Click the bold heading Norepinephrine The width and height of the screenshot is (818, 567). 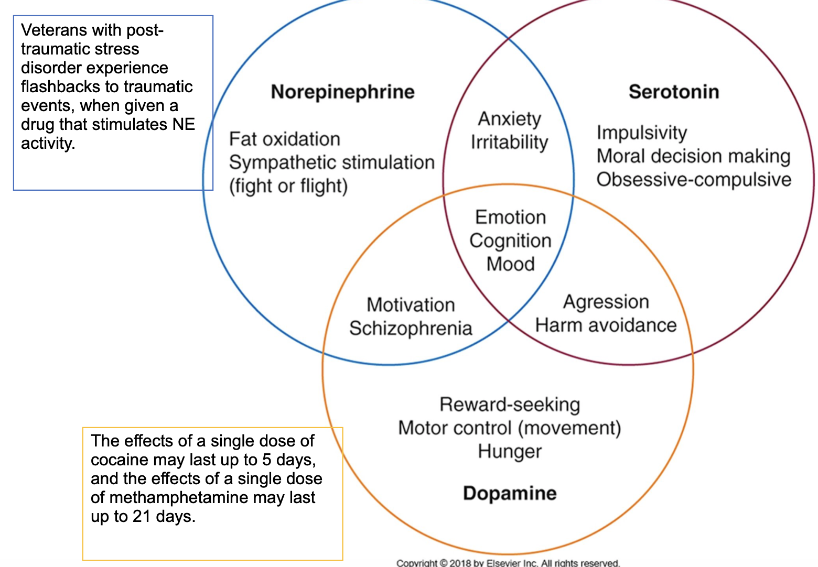(342, 92)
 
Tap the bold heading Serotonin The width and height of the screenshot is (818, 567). (674, 92)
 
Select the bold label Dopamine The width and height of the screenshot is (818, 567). (510, 493)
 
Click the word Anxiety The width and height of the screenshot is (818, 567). (509, 119)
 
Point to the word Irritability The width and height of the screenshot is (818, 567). (509, 142)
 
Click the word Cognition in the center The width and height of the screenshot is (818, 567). (510, 241)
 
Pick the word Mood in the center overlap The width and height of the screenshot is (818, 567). (510, 264)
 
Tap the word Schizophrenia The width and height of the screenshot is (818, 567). (411, 328)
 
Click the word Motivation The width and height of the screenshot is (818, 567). (411, 305)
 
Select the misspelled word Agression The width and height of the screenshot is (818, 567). (606, 302)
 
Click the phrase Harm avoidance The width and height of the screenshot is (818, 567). (606, 325)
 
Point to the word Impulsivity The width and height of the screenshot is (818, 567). (641, 133)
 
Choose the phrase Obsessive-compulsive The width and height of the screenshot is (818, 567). (694, 179)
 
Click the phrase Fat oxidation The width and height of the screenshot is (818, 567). (285, 139)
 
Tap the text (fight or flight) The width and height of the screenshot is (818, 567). (288, 186)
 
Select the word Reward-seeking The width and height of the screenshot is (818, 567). (510, 405)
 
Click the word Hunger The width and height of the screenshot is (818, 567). (510, 451)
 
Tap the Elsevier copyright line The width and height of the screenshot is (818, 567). (508, 563)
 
